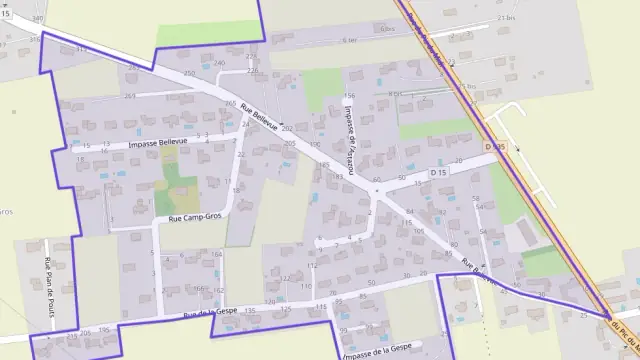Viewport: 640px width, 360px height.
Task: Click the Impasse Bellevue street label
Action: click(x=161, y=143)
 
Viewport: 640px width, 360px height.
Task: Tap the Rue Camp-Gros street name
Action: click(x=196, y=216)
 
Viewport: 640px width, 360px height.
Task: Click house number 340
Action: click(x=38, y=19)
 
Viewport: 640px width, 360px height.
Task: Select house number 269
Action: click(x=130, y=96)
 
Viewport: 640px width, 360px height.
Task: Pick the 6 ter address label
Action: click(x=350, y=41)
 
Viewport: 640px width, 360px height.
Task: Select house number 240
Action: click(x=220, y=63)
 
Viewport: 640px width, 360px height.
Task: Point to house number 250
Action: click(x=190, y=75)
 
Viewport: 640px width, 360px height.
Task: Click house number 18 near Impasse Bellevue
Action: click(x=239, y=180)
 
